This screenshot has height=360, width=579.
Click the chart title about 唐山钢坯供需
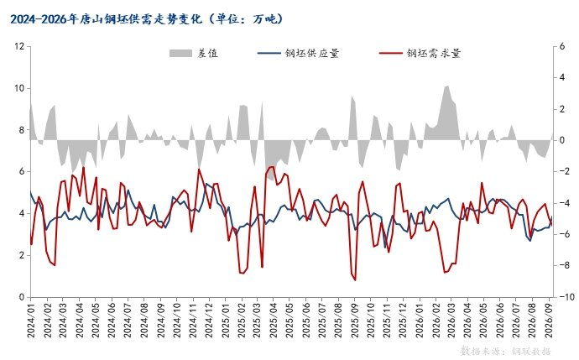(x=147, y=18)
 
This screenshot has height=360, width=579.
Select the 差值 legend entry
(x=194, y=53)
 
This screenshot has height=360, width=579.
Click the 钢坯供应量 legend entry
(x=299, y=53)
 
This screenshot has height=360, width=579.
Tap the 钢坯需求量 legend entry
(x=420, y=53)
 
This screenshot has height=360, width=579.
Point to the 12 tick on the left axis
(x=19, y=46)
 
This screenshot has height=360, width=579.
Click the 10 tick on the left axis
(x=19, y=88)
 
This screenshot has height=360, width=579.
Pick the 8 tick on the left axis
(x=22, y=130)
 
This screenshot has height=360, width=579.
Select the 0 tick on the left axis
(x=22, y=297)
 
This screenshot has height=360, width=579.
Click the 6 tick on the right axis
(x=562, y=46)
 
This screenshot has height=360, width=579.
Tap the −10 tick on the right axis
(x=564, y=297)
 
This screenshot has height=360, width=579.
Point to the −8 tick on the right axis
(x=562, y=265)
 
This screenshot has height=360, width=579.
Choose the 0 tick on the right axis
(x=562, y=140)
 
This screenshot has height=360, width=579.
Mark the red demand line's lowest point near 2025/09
(x=355, y=280)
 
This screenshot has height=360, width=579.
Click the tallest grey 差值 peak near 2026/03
(x=448, y=86)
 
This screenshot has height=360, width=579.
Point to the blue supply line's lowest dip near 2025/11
(x=385, y=248)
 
